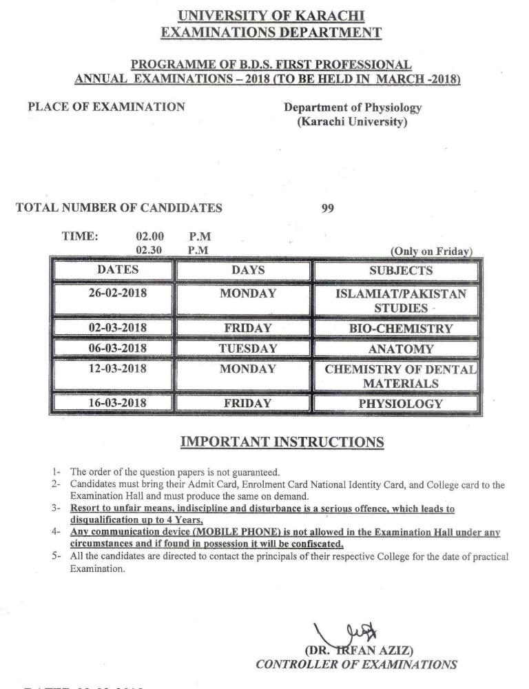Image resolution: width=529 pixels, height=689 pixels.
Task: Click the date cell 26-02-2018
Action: pos(118,294)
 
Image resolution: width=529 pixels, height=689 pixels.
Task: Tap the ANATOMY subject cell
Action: pos(400,349)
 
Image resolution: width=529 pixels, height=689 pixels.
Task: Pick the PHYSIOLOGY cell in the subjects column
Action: pos(400,404)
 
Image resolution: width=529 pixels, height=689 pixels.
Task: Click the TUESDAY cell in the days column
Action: pos(248,349)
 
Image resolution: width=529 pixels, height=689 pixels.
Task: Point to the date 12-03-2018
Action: pos(118,369)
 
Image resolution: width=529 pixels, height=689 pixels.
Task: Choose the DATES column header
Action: pos(118,270)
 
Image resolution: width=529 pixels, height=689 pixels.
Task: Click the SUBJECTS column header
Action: pos(400,271)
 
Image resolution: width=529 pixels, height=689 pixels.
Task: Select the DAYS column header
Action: pos(248,270)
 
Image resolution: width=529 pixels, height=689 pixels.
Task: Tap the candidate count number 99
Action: pos(328,208)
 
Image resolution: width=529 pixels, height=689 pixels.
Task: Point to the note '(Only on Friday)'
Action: pos(431,251)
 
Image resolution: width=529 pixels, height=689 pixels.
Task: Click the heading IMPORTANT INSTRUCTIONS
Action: pos(282,442)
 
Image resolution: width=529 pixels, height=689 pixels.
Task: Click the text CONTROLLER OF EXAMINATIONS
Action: pos(355,664)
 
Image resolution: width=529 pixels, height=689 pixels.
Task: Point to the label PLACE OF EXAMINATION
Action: pos(106,107)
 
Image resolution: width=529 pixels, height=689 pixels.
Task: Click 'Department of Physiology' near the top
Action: pos(353,107)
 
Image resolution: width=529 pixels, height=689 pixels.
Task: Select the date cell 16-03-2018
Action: pos(118,403)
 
